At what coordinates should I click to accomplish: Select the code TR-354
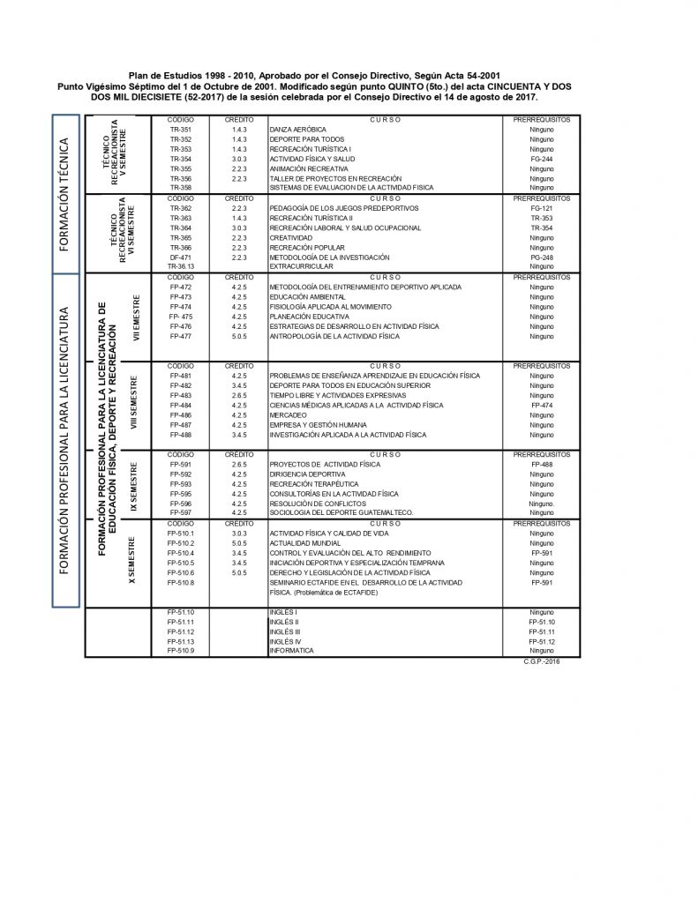point(180,158)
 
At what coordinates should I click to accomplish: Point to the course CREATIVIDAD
point(291,237)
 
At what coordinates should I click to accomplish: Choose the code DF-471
point(180,257)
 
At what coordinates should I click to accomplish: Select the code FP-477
point(180,336)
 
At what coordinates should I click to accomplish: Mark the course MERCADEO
point(286,414)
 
